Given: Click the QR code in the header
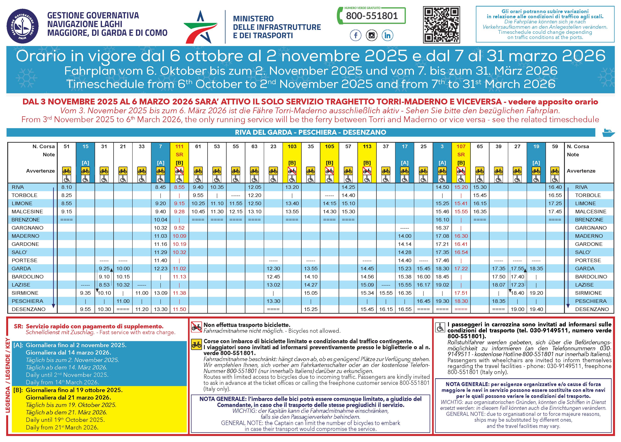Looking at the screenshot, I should click(x=441, y=25).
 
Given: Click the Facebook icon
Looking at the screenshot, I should click(x=355, y=35).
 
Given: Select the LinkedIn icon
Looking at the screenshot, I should click(x=387, y=35).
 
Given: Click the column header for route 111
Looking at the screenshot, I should click(x=179, y=146).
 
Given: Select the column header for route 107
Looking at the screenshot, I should click(x=461, y=146).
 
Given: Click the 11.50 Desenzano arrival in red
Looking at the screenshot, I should click(x=179, y=309).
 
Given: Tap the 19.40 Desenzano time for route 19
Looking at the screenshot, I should click(x=536, y=309).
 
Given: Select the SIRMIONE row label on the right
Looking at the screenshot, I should click(x=589, y=293).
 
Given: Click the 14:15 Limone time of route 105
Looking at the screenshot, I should click(x=330, y=203).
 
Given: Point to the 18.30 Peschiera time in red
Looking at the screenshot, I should click(x=461, y=301).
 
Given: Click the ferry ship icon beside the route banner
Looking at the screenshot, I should click(x=608, y=133).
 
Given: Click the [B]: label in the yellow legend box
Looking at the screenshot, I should click(x=18, y=390).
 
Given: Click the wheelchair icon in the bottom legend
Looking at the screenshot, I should click(x=440, y=327).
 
